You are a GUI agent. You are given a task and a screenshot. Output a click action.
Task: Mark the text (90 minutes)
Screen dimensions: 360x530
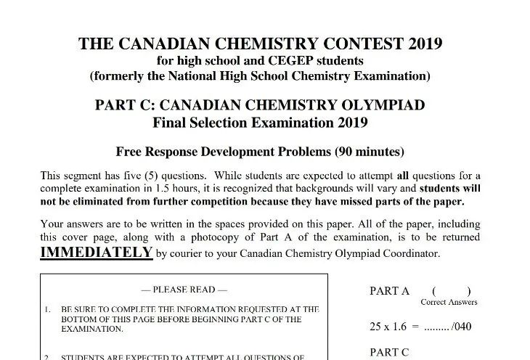370,152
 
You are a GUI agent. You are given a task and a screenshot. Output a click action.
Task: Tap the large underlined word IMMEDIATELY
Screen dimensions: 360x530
96,253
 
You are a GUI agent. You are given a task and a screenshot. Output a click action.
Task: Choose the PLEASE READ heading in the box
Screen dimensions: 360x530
184,290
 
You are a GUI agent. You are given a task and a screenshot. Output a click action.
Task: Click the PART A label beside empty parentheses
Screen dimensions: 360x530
389,291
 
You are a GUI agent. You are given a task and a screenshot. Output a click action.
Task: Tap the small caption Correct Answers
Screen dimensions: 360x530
449,302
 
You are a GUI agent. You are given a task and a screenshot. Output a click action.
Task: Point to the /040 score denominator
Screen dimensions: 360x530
460,326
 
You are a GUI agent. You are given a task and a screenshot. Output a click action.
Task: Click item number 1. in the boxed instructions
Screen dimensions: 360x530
47,308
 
